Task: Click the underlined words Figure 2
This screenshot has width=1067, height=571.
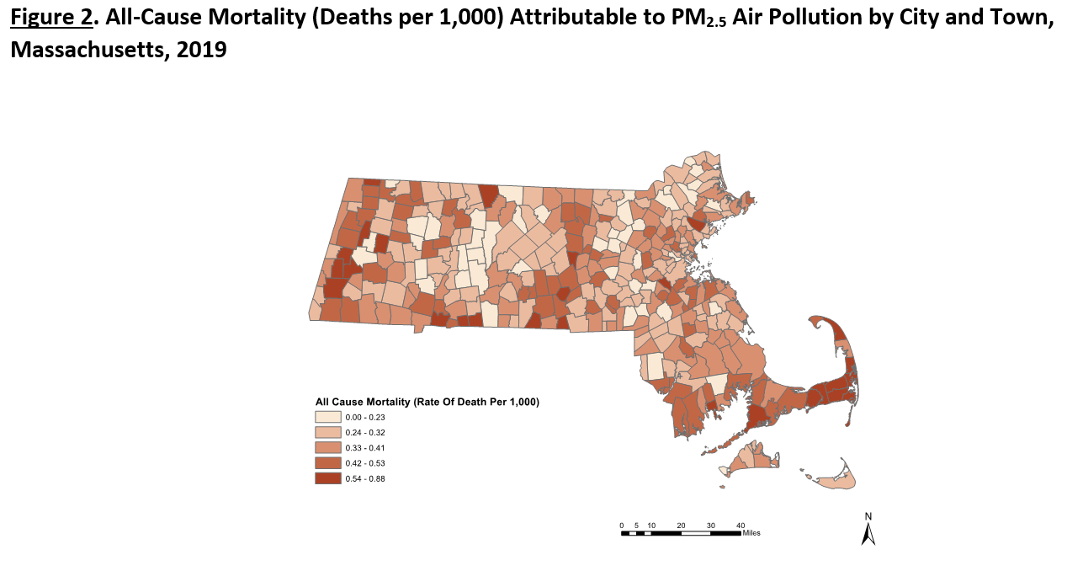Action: coord(50,19)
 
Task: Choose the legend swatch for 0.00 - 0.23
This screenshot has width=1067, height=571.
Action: coord(327,417)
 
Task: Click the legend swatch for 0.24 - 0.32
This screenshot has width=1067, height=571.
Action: coord(327,432)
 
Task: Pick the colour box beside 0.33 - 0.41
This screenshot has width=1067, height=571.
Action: coord(327,447)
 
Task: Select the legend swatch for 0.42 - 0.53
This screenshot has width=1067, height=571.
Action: coord(327,463)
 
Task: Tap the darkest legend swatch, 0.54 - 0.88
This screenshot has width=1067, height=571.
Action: coord(327,478)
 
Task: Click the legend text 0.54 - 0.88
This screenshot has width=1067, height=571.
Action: coord(365,478)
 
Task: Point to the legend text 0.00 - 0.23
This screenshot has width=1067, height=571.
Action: coord(365,417)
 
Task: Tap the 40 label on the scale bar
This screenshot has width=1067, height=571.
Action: coord(741,525)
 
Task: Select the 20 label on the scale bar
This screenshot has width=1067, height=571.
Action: coord(681,525)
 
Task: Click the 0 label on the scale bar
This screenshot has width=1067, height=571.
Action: coord(622,525)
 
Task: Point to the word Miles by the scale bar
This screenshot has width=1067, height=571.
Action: coord(751,532)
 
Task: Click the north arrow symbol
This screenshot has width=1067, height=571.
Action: coord(868,534)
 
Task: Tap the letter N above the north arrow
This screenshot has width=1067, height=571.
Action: coord(868,516)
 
